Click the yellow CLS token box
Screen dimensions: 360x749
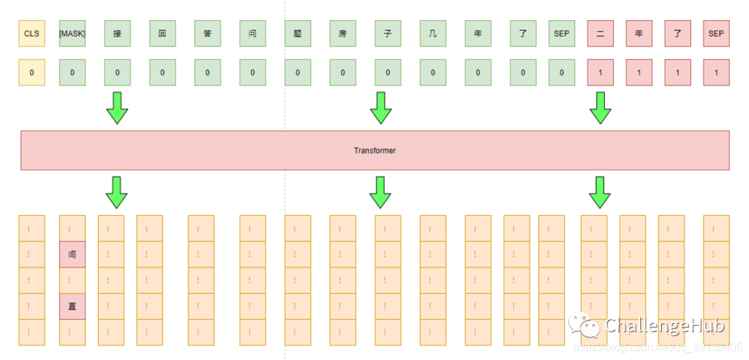pyautogui.click(x=31, y=33)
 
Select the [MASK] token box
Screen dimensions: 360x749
pyautogui.click(x=72, y=33)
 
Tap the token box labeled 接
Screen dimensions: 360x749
pyautogui.click(x=117, y=33)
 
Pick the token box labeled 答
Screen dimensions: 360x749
pyautogui.click(x=207, y=33)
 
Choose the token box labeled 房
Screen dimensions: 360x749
pyautogui.click(x=343, y=33)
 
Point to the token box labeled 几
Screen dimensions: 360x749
pyautogui.click(x=433, y=33)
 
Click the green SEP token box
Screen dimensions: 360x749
pyautogui.click(x=561, y=33)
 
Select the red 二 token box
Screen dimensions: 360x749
pyautogui.click(x=600, y=33)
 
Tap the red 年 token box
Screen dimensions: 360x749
pyautogui.click(x=639, y=33)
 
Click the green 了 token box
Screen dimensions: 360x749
pyautogui.click(x=523, y=33)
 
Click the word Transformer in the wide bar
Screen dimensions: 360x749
pyautogui.click(x=374, y=150)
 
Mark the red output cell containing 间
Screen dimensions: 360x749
pyautogui.click(x=72, y=255)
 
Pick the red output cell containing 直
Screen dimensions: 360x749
pyautogui.click(x=72, y=306)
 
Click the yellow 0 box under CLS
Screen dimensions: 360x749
pyautogui.click(x=31, y=72)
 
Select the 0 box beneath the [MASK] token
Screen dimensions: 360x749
pyautogui.click(x=72, y=72)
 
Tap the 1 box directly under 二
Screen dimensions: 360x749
pyautogui.click(x=600, y=72)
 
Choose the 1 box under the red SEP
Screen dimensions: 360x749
pyautogui.click(x=716, y=72)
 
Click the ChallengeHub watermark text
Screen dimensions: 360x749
pyautogui.click(x=664, y=325)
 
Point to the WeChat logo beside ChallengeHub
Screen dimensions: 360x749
pyautogui.click(x=584, y=325)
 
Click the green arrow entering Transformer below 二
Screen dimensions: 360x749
pyautogui.click(x=600, y=107)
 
